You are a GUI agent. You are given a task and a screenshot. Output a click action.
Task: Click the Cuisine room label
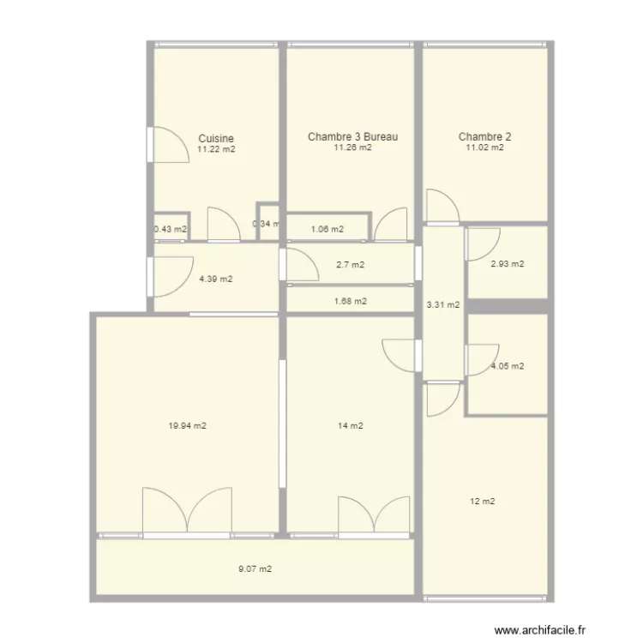coord(216,138)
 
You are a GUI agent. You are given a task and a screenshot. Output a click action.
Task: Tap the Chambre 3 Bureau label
coord(352,136)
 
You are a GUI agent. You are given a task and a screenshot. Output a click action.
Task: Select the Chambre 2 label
coord(484,136)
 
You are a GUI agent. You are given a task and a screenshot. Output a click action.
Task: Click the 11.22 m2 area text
coord(216,148)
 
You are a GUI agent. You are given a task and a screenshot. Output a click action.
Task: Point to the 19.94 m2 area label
coord(188,425)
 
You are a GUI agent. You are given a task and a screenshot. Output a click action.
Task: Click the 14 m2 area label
coord(352,425)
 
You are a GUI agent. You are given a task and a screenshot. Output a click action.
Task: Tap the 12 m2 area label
coord(484,502)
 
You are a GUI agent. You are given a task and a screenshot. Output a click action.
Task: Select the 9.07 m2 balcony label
coord(255,568)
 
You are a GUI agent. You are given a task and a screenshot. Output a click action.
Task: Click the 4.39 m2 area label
coord(216,279)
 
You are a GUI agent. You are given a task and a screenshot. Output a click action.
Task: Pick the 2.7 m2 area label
coord(350,265)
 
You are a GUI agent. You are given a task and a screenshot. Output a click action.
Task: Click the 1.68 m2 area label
coord(350,301)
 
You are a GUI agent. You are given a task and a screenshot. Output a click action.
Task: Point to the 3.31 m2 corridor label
coord(442,304)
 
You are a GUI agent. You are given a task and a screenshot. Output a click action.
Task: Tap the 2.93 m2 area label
coord(507,264)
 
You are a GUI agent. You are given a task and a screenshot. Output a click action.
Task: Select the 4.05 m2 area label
coord(507,366)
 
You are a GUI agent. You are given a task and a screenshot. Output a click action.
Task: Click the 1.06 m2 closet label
coord(327,229)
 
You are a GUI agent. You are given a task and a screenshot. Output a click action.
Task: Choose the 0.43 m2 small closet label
coord(170,229)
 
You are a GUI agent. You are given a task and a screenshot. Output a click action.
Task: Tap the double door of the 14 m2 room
coord(374,516)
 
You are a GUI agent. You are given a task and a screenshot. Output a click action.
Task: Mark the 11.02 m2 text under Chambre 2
coord(484,147)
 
